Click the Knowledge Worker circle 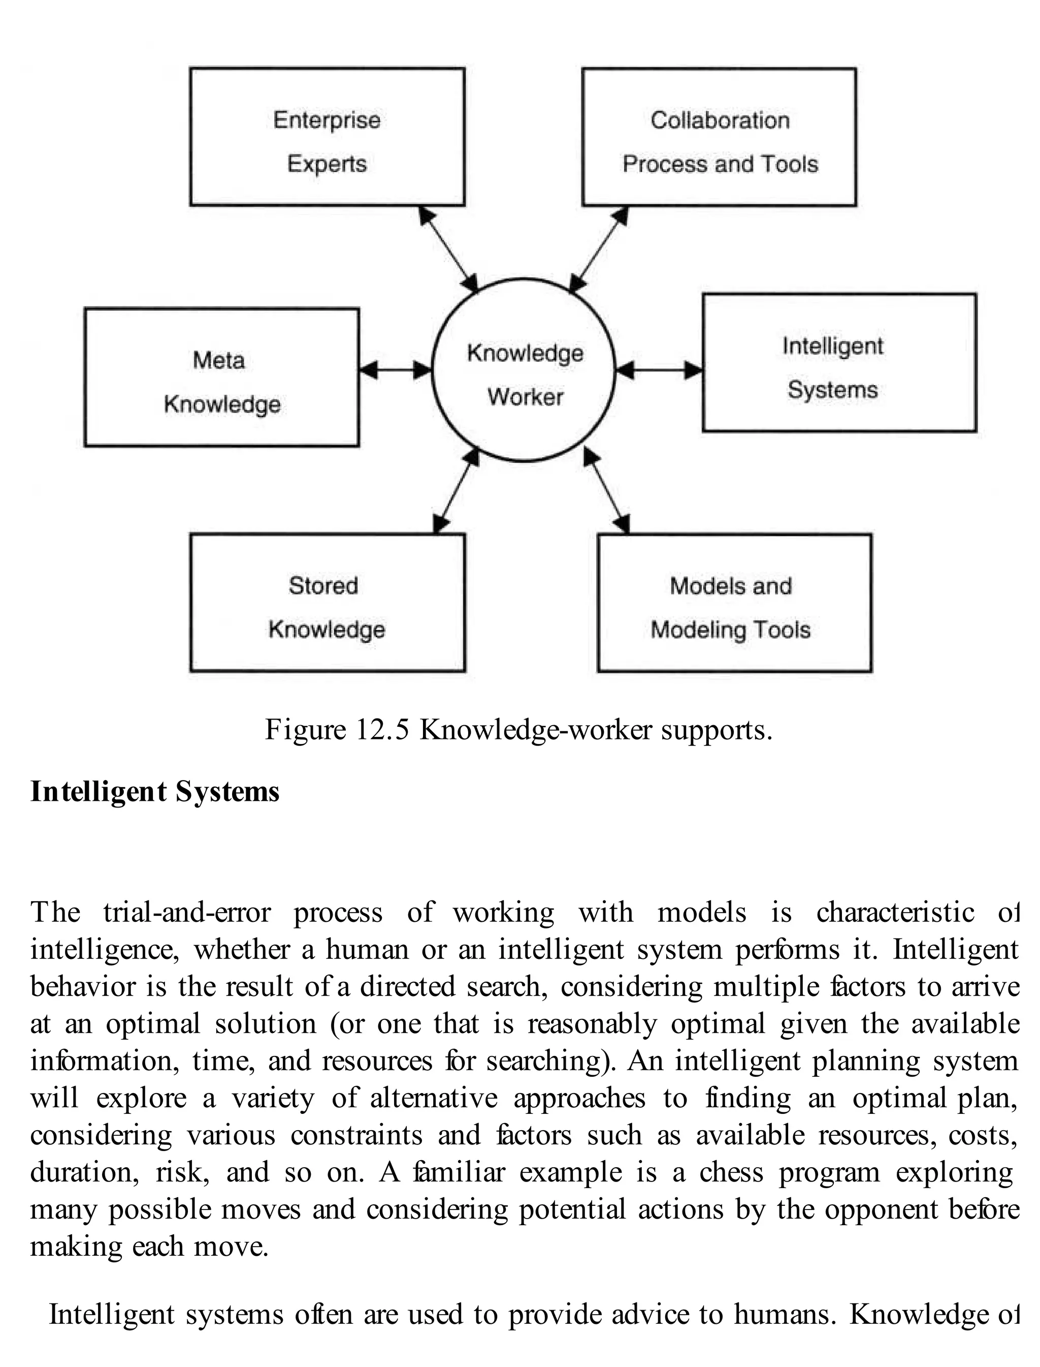[x=524, y=371]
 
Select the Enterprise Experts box [x=327, y=137]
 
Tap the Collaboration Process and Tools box [x=720, y=137]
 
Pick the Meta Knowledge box [x=221, y=377]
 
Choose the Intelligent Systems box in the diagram [x=839, y=363]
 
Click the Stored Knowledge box [x=328, y=603]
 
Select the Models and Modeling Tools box [x=734, y=603]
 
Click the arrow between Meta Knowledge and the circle [x=396, y=370]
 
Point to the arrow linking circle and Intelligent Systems [x=659, y=370]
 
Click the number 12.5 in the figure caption [x=382, y=730]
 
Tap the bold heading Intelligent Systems [x=155, y=792]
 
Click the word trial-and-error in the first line [x=187, y=912]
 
